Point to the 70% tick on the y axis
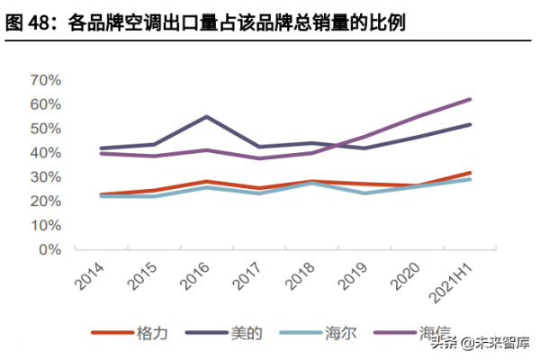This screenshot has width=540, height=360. tap(44, 80)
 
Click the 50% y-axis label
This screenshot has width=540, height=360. tap(44, 129)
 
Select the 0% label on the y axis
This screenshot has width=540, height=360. tap(49, 249)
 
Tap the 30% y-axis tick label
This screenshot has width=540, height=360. tap(44, 177)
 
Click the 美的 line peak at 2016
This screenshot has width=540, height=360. tap(206, 116)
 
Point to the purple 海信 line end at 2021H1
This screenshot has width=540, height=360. tap(470, 99)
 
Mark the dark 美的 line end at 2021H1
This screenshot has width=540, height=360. tap(470, 124)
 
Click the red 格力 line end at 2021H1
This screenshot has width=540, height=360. tap(470, 173)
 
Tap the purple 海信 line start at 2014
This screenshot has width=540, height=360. tap(101, 153)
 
